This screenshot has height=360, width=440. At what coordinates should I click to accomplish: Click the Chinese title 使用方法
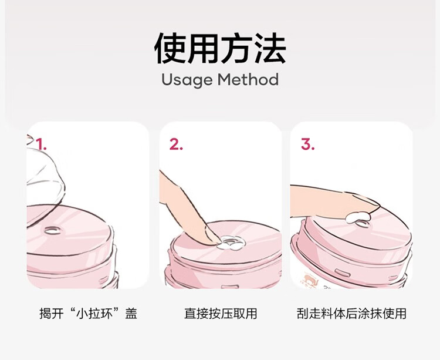220,48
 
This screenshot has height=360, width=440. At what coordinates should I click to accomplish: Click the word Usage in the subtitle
187,80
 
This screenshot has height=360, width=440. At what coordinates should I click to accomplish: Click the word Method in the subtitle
248,79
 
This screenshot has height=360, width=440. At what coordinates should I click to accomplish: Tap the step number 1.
42,144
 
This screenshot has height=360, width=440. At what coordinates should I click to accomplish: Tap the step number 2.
176,144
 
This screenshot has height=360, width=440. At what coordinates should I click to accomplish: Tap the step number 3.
307,144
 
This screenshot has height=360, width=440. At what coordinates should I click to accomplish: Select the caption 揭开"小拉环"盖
88,314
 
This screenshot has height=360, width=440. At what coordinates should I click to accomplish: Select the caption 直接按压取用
221,314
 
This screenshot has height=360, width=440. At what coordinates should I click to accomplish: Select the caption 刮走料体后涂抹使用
351,314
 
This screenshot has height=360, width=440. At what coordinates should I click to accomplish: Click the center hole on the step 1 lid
52,230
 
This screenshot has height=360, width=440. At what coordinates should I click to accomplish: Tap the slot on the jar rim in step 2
230,287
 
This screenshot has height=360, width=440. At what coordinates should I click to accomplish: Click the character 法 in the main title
270,48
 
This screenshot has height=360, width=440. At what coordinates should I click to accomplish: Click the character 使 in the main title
170,48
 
